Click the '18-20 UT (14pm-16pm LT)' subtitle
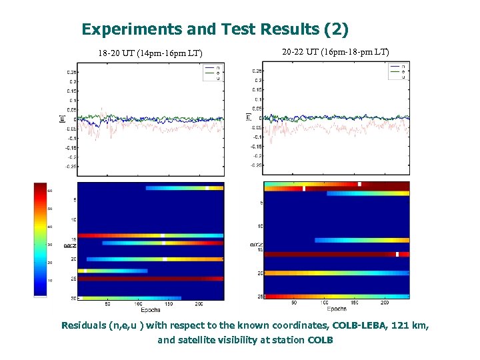(150, 53)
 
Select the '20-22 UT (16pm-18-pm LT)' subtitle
(335, 51)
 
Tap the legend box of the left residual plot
(212, 73)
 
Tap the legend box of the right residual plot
(397, 72)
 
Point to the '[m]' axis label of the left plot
(62, 118)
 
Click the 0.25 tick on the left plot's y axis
(71, 72)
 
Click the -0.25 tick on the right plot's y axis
(256, 165)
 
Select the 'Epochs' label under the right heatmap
(337, 309)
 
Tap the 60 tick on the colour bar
(49, 191)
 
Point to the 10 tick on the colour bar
(49, 281)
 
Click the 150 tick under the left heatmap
(169, 304)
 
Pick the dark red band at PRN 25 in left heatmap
(150, 278)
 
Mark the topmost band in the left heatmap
(184, 188)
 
